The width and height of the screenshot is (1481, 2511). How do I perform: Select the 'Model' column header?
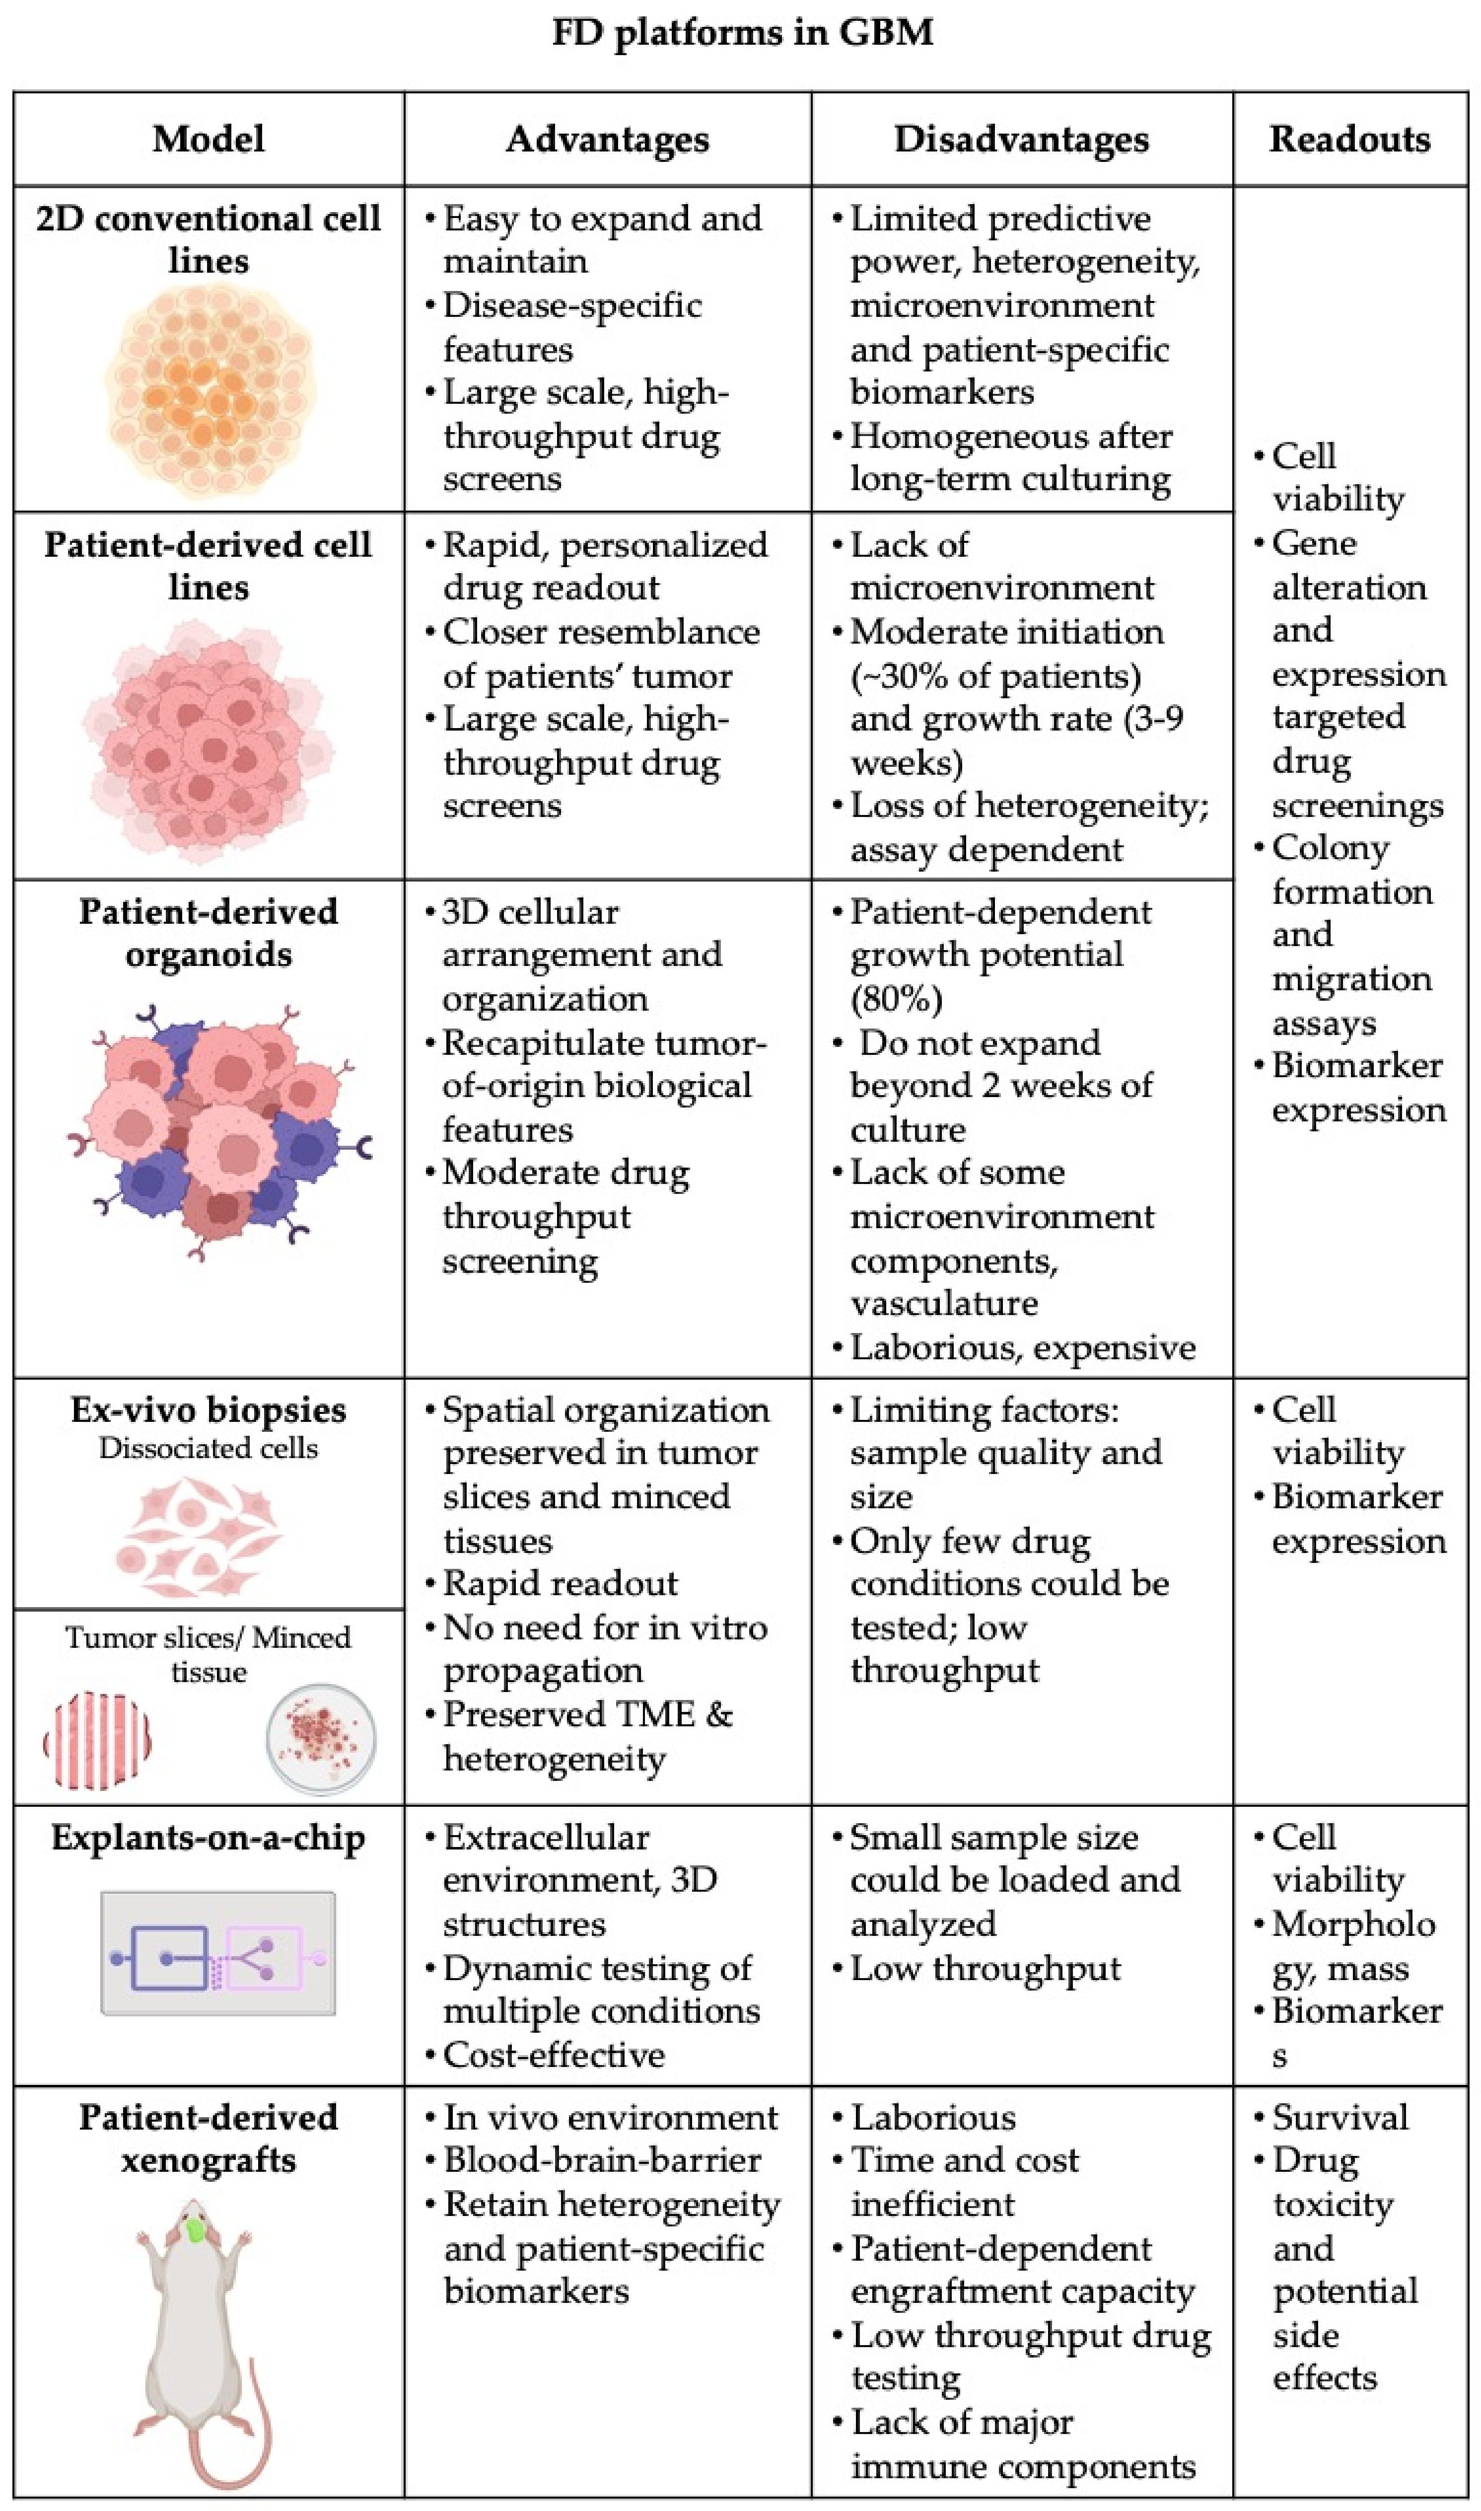(209, 139)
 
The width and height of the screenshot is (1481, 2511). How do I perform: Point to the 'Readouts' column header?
(1349, 139)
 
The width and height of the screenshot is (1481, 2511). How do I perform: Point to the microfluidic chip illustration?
(218, 1953)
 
